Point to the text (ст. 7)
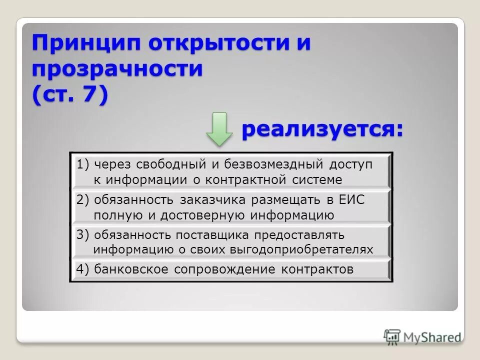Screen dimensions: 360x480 70,94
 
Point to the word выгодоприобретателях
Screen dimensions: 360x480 302,249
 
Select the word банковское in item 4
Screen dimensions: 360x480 131,269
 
